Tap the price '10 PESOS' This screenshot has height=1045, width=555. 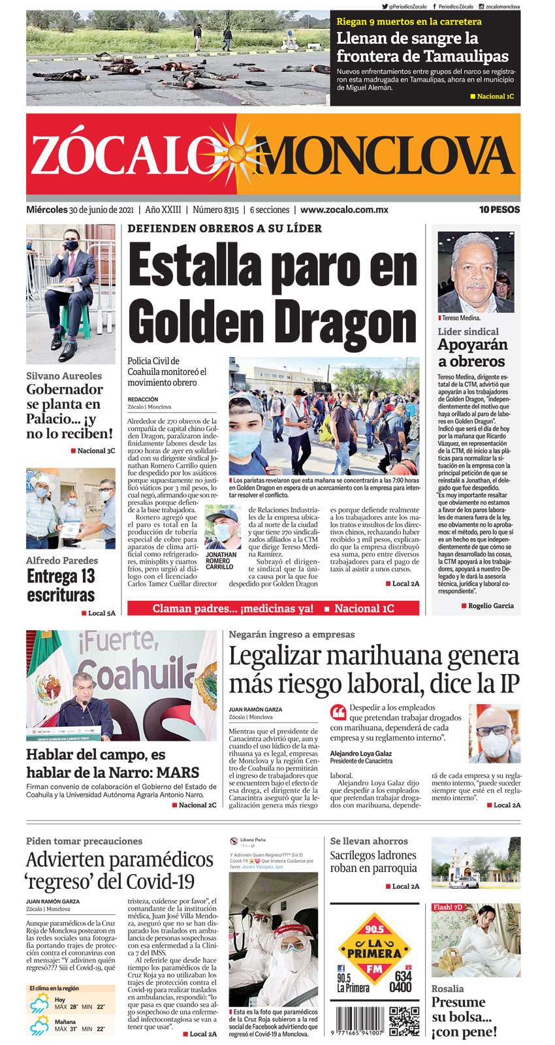(x=499, y=210)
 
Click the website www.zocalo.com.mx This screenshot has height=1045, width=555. (x=344, y=210)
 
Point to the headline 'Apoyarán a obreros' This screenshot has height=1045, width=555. (x=471, y=353)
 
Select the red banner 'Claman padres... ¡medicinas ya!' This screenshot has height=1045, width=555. (x=233, y=608)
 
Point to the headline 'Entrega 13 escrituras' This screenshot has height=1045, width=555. (x=61, y=585)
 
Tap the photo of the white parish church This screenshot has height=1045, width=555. (x=475, y=862)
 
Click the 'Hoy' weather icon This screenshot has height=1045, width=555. (x=39, y=1004)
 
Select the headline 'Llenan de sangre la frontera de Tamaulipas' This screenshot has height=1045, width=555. (x=422, y=47)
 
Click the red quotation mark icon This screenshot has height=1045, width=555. (x=338, y=712)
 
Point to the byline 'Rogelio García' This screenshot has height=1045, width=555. (x=490, y=605)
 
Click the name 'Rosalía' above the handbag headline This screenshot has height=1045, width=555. (x=447, y=989)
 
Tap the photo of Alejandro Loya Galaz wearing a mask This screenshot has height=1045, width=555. (x=494, y=733)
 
